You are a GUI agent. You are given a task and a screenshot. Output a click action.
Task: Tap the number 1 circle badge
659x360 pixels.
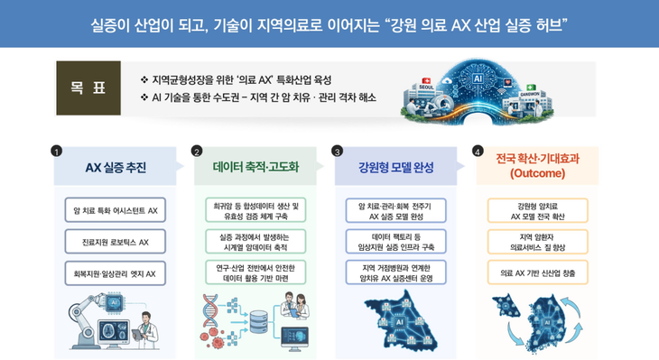[57, 151]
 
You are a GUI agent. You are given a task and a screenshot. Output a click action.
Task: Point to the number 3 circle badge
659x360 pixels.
[337, 151]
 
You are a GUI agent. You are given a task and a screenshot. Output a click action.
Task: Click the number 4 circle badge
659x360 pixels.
[478, 151]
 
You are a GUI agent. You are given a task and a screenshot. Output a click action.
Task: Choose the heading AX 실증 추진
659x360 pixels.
[115, 167]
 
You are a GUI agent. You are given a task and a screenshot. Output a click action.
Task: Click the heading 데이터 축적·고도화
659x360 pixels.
[255, 167]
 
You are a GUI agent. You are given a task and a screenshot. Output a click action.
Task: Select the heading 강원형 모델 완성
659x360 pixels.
[395, 167]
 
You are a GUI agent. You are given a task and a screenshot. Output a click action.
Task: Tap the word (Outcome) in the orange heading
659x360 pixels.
[537, 173]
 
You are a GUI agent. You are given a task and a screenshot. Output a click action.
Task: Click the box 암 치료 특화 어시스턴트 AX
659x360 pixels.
[115, 211]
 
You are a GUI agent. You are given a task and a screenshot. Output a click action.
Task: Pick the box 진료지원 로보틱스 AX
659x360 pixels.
[115, 242]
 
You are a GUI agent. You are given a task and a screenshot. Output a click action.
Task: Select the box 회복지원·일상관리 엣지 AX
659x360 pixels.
[115, 272]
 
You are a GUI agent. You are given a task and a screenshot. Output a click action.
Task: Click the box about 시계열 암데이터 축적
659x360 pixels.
[255, 242]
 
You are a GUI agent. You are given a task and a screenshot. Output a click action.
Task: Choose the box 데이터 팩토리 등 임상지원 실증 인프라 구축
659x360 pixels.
[395, 242]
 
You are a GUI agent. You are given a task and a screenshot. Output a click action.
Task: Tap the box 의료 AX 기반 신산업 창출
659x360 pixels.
[537, 272]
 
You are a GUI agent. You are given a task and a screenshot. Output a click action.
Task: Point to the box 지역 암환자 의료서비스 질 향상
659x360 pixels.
[537, 241]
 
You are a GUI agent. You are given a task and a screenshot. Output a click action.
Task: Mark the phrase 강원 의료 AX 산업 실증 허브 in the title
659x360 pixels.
[479, 22]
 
